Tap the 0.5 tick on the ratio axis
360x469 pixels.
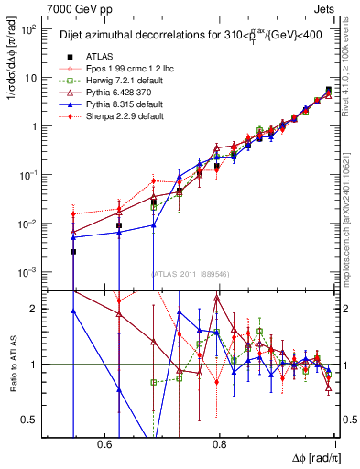(31, 420)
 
